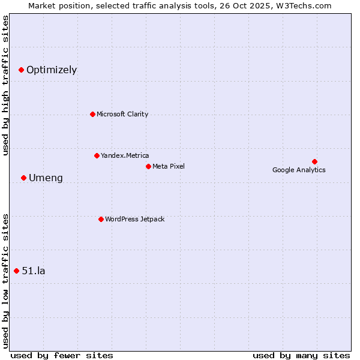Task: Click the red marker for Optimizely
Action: (x=21, y=70)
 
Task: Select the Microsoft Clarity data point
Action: (x=92, y=114)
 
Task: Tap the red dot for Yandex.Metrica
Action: (x=97, y=155)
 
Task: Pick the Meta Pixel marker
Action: (x=148, y=166)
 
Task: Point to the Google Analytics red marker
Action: (x=314, y=161)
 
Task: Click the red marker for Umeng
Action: (x=23, y=178)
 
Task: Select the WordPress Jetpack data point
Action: (x=101, y=219)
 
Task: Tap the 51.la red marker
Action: (x=16, y=271)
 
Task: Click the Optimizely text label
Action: (x=52, y=70)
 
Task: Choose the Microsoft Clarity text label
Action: (x=122, y=114)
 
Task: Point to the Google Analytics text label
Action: (x=299, y=170)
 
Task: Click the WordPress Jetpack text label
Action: (x=134, y=219)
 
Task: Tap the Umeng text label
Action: (x=46, y=178)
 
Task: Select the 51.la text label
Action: (x=34, y=271)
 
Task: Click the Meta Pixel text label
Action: (x=169, y=166)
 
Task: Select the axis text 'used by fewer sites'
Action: (x=62, y=355)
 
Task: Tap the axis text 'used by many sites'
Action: (x=301, y=355)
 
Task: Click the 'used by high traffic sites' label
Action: (x=5, y=85)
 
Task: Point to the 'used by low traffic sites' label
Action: (x=5, y=281)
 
